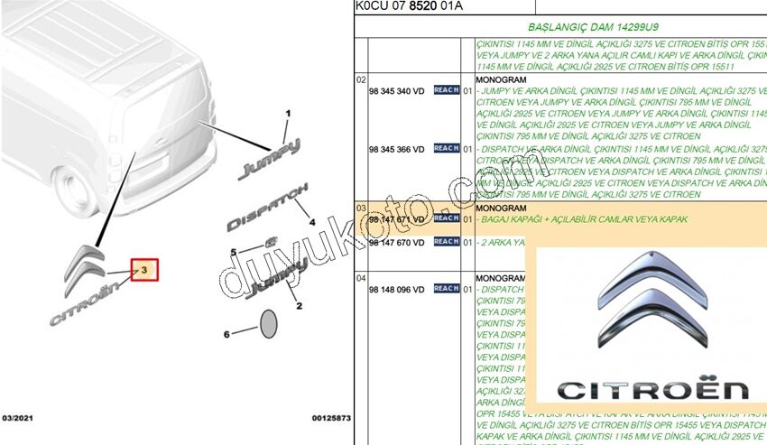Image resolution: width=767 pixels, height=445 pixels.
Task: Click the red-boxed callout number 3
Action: click(x=145, y=269)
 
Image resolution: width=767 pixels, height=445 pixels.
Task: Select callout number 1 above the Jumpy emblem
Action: click(x=289, y=114)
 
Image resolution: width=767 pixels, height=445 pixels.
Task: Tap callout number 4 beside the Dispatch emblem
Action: click(x=311, y=220)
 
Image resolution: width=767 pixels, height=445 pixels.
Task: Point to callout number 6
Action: click(x=226, y=334)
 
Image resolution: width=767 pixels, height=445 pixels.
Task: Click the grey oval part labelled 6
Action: click(x=268, y=324)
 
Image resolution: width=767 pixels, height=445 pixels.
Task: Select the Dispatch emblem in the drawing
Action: click(x=267, y=205)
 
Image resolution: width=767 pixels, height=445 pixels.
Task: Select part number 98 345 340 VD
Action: click(x=397, y=90)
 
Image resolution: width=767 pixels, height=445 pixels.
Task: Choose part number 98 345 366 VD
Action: click(x=397, y=148)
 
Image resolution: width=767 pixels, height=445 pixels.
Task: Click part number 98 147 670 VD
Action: click(x=397, y=243)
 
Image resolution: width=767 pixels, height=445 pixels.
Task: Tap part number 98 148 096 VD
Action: click(x=397, y=289)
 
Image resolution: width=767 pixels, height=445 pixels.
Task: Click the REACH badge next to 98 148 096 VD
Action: click(x=447, y=289)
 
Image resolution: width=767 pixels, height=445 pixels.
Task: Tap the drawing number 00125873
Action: click(x=330, y=420)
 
